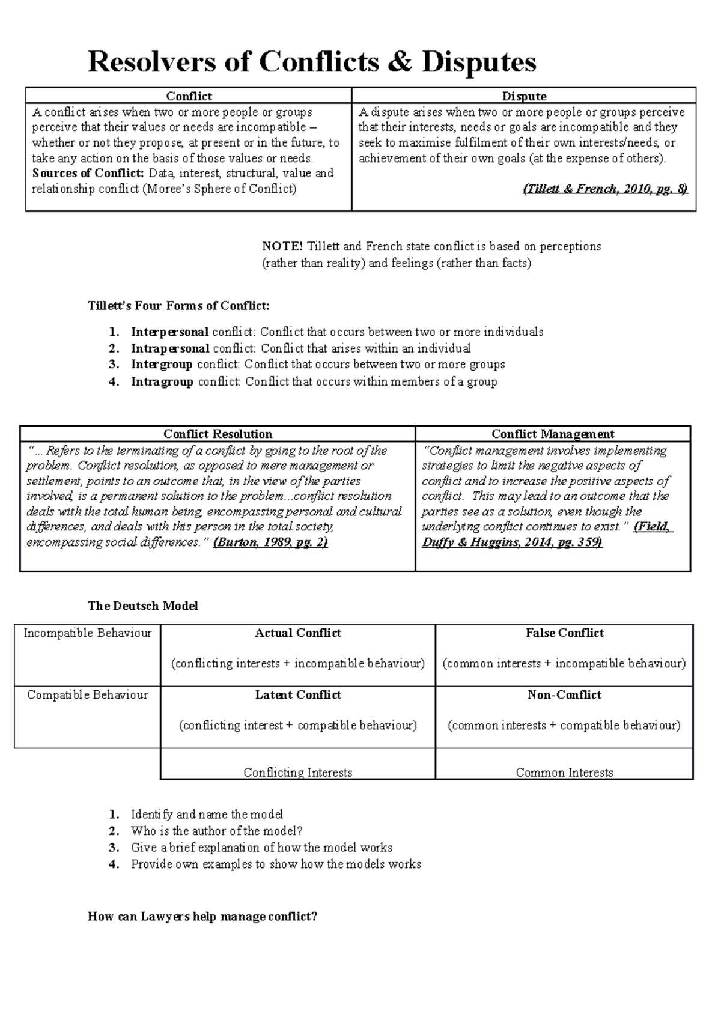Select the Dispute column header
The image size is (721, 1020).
click(524, 96)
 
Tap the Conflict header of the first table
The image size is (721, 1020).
click(189, 96)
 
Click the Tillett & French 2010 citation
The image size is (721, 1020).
click(605, 189)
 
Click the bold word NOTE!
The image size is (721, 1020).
click(283, 246)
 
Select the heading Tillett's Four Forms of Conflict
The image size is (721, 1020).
click(178, 306)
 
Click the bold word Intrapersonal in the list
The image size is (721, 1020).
click(170, 348)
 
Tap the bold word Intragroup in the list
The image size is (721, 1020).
click(162, 381)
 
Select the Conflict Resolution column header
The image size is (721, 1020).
click(218, 434)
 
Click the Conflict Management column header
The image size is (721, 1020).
click(553, 434)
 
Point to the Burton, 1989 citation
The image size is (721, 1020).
click(270, 542)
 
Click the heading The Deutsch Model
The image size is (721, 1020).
click(142, 606)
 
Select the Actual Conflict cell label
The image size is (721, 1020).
click(298, 633)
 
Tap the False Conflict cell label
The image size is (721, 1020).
click(564, 633)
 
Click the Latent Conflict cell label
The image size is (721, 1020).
click(298, 695)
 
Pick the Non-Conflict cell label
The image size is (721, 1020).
click(564, 695)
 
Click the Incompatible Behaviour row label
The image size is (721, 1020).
click(88, 633)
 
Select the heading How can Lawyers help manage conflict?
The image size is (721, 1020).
click(202, 917)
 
